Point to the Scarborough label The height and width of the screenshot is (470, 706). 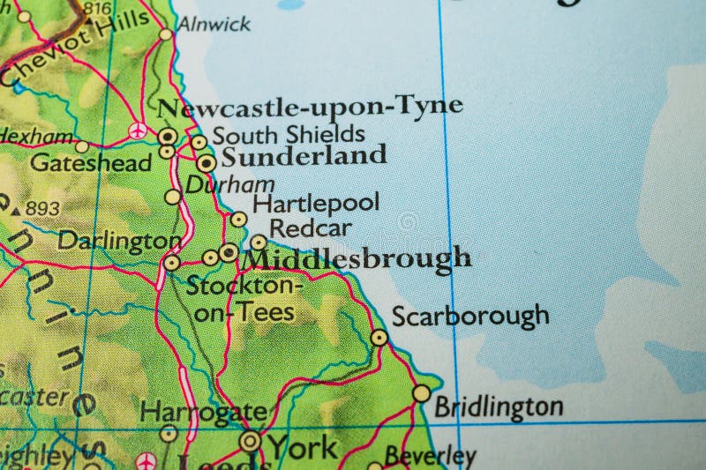pyautogui.click(x=469, y=316)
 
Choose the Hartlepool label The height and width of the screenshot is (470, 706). pyautogui.click(x=316, y=203)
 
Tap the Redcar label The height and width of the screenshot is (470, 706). pyautogui.click(x=310, y=228)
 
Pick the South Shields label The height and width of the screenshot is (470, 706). pyautogui.click(x=289, y=134)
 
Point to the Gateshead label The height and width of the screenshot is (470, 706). pyautogui.click(x=90, y=162)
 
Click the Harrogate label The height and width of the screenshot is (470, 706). pyautogui.click(x=202, y=412)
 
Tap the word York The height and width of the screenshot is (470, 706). pyautogui.click(x=302, y=447)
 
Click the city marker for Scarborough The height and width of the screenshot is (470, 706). pyautogui.click(x=379, y=337)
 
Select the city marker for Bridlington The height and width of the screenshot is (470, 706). pyautogui.click(x=422, y=392)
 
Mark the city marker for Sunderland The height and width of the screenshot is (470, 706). pyautogui.click(x=207, y=162)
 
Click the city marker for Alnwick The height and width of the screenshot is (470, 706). pyautogui.click(x=166, y=35)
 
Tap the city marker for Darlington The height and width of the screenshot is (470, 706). pyautogui.click(x=172, y=262)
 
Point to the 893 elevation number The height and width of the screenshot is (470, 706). pyautogui.click(x=42, y=208)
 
